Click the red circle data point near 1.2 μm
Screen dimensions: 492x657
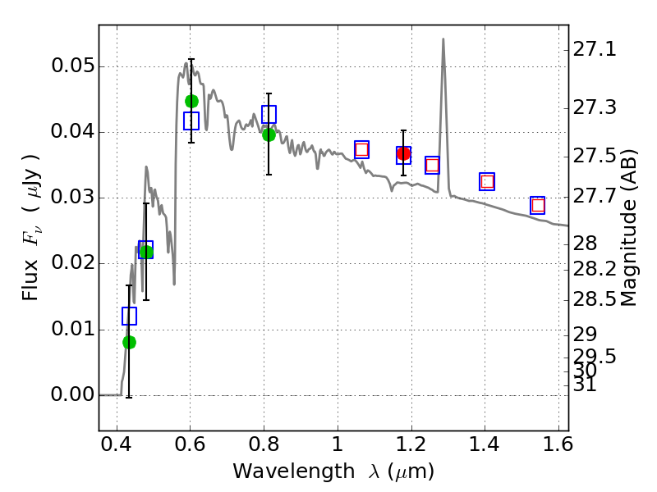(403, 153)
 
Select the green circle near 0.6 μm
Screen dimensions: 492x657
(191, 101)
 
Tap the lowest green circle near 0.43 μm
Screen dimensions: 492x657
(129, 342)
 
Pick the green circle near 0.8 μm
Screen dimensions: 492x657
(269, 134)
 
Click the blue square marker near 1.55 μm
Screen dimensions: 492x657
(538, 205)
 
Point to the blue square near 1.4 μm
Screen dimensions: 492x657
(487, 181)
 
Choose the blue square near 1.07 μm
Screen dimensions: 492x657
(361, 149)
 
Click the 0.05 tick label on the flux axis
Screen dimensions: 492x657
(71, 66)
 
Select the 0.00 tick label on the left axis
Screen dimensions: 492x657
(71, 395)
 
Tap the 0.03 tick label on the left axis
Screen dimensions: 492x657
(71, 198)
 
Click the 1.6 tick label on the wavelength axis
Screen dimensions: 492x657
(558, 449)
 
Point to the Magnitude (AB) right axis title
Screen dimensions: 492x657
(629, 227)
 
